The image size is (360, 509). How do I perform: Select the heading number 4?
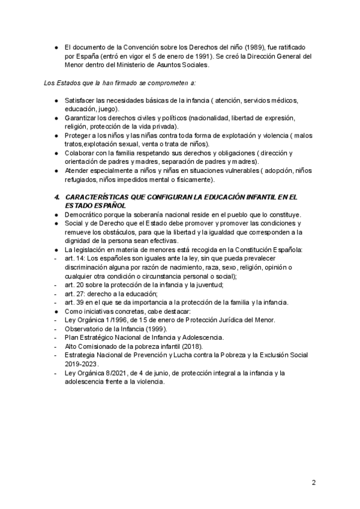pyautogui.click(x=56, y=197)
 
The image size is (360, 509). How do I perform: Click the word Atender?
pyautogui.click(x=77, y=170)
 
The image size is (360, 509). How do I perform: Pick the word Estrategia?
pyautogui.click(x=81, y=355)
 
